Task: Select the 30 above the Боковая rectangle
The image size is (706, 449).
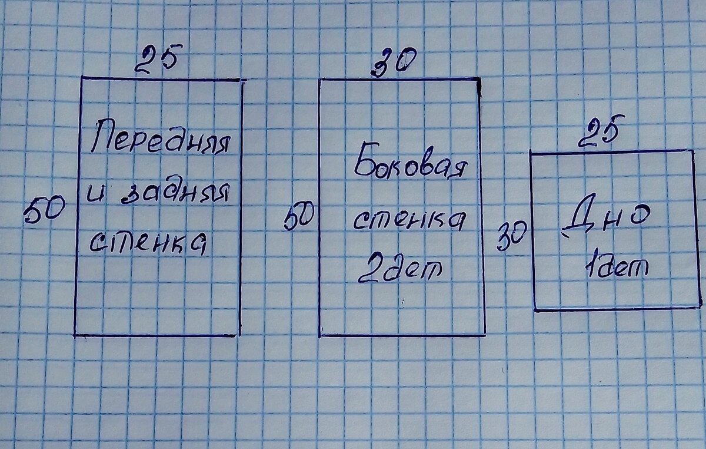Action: tap(394, 62)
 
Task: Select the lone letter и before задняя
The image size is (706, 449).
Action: tap(98, 193)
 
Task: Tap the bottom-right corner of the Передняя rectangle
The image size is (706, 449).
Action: tap(239, 335)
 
